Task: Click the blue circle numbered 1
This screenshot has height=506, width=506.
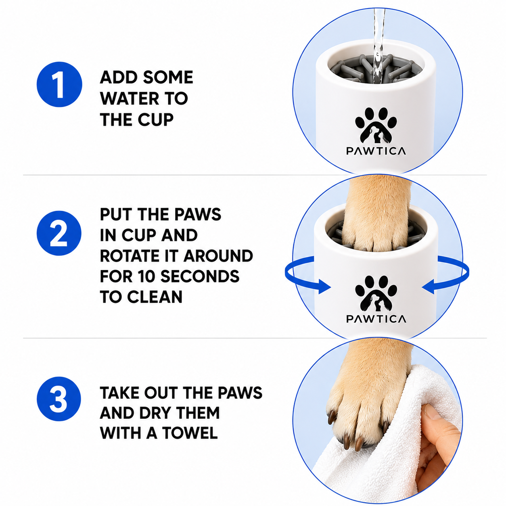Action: [x=59, y=84]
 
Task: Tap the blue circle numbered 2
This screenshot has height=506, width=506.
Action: [x=59, y=233]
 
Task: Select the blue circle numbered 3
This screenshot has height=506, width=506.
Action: [x=59, y=398]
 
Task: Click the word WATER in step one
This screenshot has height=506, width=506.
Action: [x=129, y=98]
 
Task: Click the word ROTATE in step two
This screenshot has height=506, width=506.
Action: [x=130, y=256]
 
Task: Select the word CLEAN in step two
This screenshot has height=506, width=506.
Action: [x=155, y=297]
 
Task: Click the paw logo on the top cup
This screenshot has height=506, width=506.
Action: [x=376, y=125]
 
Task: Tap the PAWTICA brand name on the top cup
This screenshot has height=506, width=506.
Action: [x=376, y=151]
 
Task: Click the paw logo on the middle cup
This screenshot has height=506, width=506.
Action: [x=376, y=293]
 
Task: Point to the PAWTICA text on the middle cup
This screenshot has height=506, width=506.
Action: [x=376, y=319]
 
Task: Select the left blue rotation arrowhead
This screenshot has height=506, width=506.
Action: [x=324, y=286]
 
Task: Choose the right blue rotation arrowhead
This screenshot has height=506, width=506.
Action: [x=429, y=286]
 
